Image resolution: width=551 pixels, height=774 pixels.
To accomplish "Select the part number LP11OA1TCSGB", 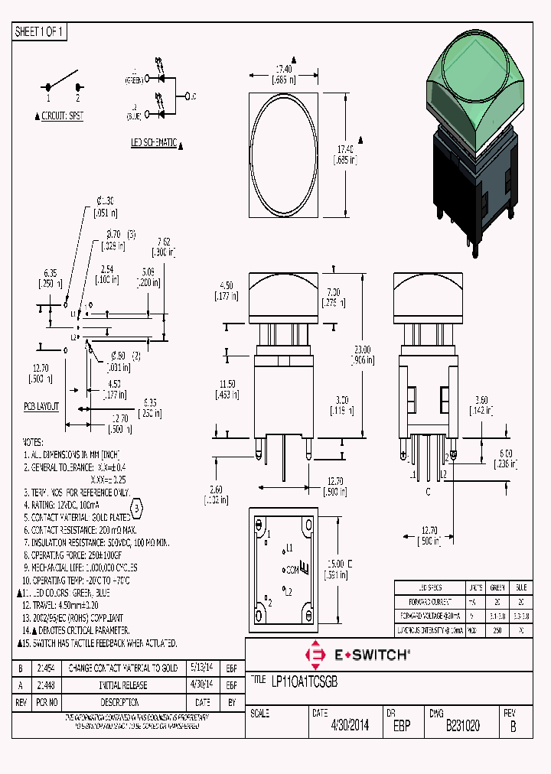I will (305, 680).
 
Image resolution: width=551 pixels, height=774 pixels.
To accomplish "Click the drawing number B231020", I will (462, 726).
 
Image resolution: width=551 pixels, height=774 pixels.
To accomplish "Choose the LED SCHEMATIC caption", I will (154, 142).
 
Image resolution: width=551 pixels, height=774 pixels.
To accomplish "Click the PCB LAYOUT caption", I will (41, 407).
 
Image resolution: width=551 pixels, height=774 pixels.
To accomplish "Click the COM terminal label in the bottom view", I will (292, 570).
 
